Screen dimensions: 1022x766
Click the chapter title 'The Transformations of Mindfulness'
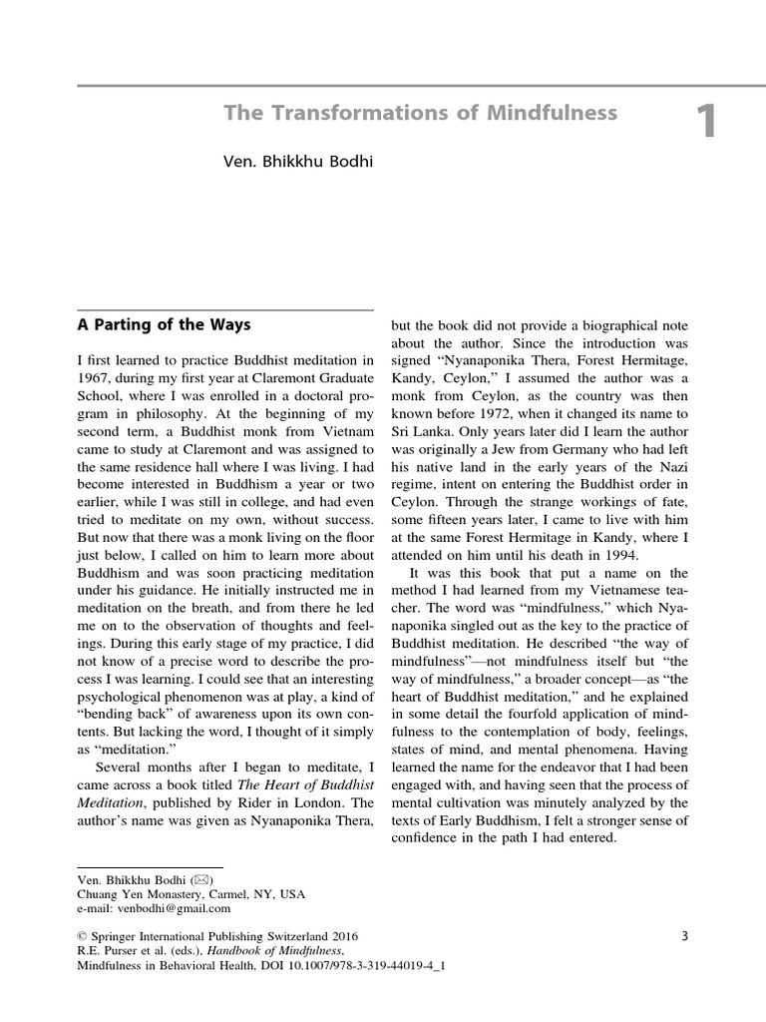pyautogui.click(x=420, y=114)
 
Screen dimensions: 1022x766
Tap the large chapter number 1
pyautogui.click(x=706, y=123)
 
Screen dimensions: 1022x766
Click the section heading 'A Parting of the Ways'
pyautogui.click(x=164, y=325)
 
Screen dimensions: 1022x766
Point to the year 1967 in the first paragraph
pyautogui.click(x=96, y=378)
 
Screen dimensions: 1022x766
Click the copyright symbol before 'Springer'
pyautogui.click(x=82, y=937)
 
